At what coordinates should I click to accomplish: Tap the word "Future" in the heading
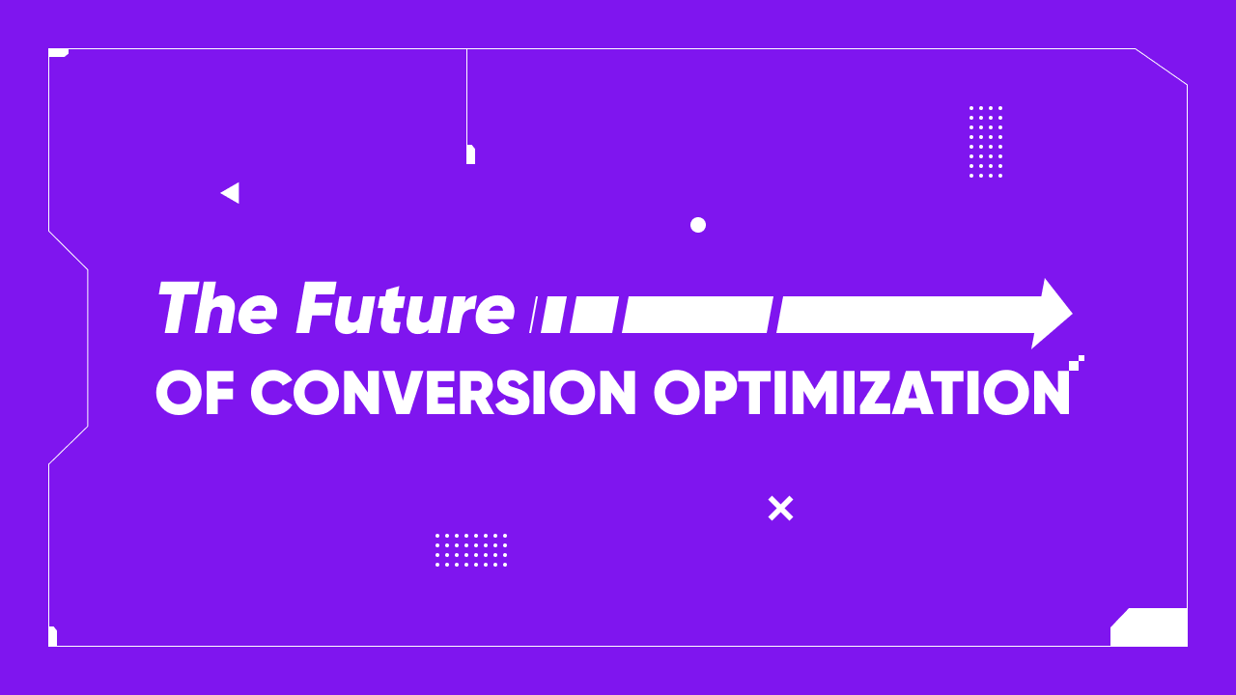tap(405, 309)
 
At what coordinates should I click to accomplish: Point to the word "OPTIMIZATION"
tap(861, 393)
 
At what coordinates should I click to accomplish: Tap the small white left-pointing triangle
tap(230, 193)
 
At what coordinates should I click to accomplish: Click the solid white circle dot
tap(698, 225)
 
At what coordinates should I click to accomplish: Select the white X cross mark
tap(780, 508)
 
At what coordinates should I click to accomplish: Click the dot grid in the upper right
tap(986, 142)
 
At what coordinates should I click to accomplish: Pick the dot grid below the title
tap(471, 549)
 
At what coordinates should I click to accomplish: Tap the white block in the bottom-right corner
tap(1150, 627)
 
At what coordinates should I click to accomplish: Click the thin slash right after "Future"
tap(532, 316)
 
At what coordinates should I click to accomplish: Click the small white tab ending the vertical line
tap(470, 154)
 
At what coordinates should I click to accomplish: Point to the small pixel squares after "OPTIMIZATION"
tap(1077, 362)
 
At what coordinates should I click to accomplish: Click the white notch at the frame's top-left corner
tap(58, 52)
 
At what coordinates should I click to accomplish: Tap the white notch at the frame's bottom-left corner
tap(52, 636)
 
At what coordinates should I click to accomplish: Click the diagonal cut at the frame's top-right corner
tap(1162, 67)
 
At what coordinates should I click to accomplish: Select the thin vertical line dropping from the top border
tap(466, 97)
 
